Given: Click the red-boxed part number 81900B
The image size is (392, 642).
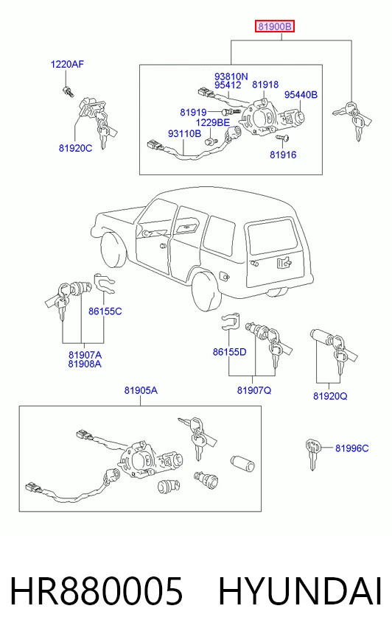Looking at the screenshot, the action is [x=274, y=27].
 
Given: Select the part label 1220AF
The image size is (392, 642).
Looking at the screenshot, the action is [x=67, y=64].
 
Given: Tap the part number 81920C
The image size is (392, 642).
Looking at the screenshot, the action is [x=75, y=148].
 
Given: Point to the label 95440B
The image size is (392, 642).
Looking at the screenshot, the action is [x=301, y=94].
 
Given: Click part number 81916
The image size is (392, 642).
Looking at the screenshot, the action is [x=283, y=155].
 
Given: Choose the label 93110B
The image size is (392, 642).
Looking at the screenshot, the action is [x=184, y=133].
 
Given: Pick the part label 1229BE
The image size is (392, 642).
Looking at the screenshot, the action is [x=213, y=122].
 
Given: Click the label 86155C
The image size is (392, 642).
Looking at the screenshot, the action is [x=105, y=311].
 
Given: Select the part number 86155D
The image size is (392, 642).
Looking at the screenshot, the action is [x=229, y=352].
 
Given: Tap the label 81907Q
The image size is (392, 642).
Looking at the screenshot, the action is [x=254, y=391].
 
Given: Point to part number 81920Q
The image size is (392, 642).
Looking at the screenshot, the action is [x=330, y=396].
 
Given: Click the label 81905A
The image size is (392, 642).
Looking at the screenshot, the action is [x=141, y=391].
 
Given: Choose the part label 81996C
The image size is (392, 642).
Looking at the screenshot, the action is [x=352, y=448].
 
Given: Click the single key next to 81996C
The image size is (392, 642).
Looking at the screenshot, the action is [x=312, y=454].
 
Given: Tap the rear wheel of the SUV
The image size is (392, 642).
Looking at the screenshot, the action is [x=207, y=291].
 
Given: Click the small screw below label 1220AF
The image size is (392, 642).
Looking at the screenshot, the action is [x=68, y=92].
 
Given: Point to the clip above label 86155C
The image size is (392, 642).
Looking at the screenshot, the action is [x=104, y=283].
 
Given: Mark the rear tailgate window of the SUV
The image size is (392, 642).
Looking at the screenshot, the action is [x=273, y=236].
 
